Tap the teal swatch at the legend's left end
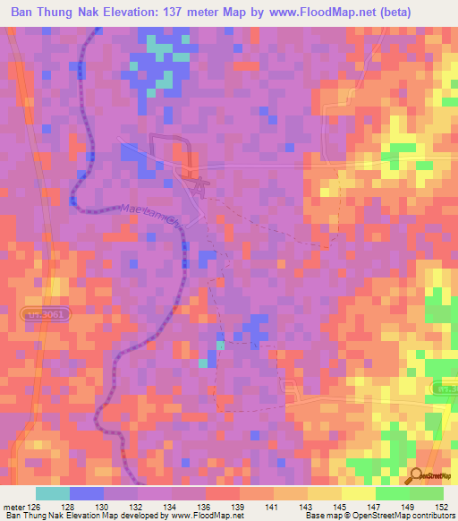53,493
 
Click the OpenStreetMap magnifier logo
417,475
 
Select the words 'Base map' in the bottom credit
320,516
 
